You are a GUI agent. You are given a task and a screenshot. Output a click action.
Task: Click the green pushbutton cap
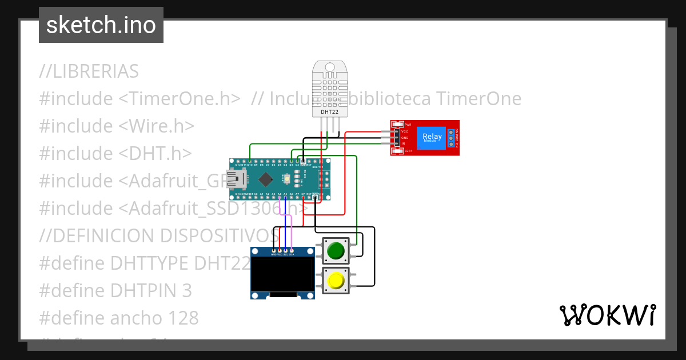(336, 250)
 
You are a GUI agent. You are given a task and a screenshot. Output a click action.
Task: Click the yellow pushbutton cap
(336, 281)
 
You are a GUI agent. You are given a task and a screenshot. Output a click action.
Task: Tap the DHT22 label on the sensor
(330, 112)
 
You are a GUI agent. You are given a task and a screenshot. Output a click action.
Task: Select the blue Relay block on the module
(432, 137)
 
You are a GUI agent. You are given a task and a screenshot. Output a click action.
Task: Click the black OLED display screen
(282, 274)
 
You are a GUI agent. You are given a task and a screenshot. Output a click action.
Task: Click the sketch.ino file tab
(101, 25)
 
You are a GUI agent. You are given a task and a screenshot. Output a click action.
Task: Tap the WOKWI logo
(607, 315)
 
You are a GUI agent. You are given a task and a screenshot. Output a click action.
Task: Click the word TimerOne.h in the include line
(180, 99)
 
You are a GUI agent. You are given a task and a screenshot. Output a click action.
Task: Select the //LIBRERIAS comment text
(89, 71)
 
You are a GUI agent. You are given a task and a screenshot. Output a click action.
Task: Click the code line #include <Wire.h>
(117, 126)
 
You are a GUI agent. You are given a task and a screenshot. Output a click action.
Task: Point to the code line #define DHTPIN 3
(115, 291)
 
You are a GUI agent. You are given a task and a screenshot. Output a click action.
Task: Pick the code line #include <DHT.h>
(115, 154)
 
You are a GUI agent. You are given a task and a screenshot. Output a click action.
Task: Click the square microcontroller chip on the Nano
(265, 180)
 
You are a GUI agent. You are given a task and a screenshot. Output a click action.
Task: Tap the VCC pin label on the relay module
(404, 131)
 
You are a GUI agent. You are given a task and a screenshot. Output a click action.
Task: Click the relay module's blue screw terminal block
(450, 137)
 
